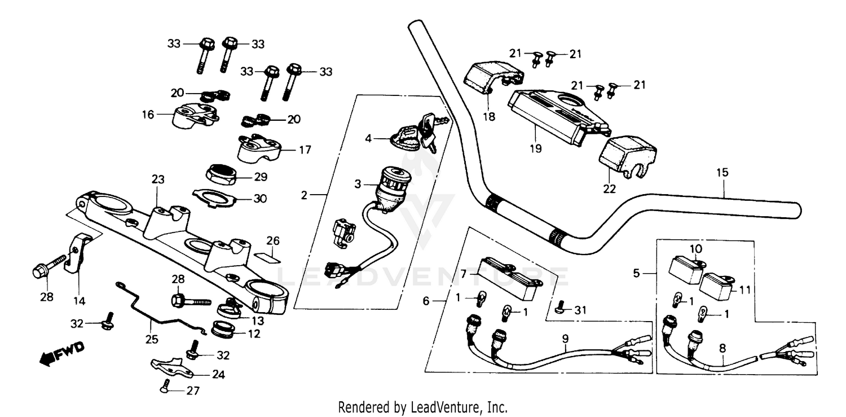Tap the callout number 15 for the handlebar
pos(722,172)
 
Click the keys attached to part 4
pos(431,130)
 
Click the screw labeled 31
pos(559,308)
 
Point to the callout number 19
pos(535,148)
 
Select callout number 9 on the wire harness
pos(565,339)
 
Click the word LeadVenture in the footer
pos(453,407)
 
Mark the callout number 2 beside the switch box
pos(305,195)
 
